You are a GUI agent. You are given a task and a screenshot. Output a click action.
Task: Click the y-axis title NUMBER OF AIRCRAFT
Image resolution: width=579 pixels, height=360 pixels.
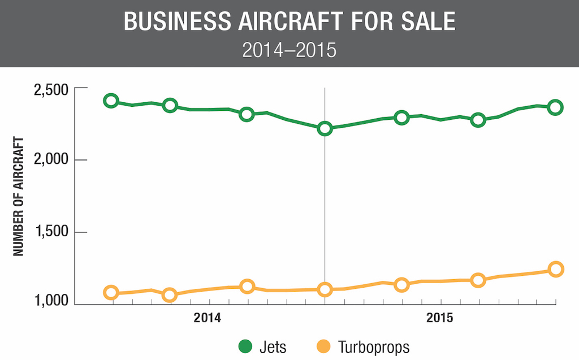pos(19,196)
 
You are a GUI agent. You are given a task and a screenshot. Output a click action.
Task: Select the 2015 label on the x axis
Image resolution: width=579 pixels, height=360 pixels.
pos(440,318)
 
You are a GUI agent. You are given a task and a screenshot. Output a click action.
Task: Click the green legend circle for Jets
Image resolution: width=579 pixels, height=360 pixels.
pos(246,346)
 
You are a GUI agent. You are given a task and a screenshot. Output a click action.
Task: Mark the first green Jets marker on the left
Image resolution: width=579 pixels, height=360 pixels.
pos(111,101)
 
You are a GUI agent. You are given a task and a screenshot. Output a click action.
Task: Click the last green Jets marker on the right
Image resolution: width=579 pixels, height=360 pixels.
pos(555,107)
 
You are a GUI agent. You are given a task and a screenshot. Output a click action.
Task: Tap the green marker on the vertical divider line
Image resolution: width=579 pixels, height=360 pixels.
pos(325,129)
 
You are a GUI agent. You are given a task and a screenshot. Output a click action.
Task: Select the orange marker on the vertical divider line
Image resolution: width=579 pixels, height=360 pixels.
pos(325,289)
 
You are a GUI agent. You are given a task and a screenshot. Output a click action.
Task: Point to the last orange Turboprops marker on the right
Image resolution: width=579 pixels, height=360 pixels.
pos(555,269)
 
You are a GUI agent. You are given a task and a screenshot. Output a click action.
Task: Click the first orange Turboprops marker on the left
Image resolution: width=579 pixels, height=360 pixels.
pos(111,293)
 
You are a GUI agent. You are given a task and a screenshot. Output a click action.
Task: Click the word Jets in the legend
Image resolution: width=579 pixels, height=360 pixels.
pos(274,346)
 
